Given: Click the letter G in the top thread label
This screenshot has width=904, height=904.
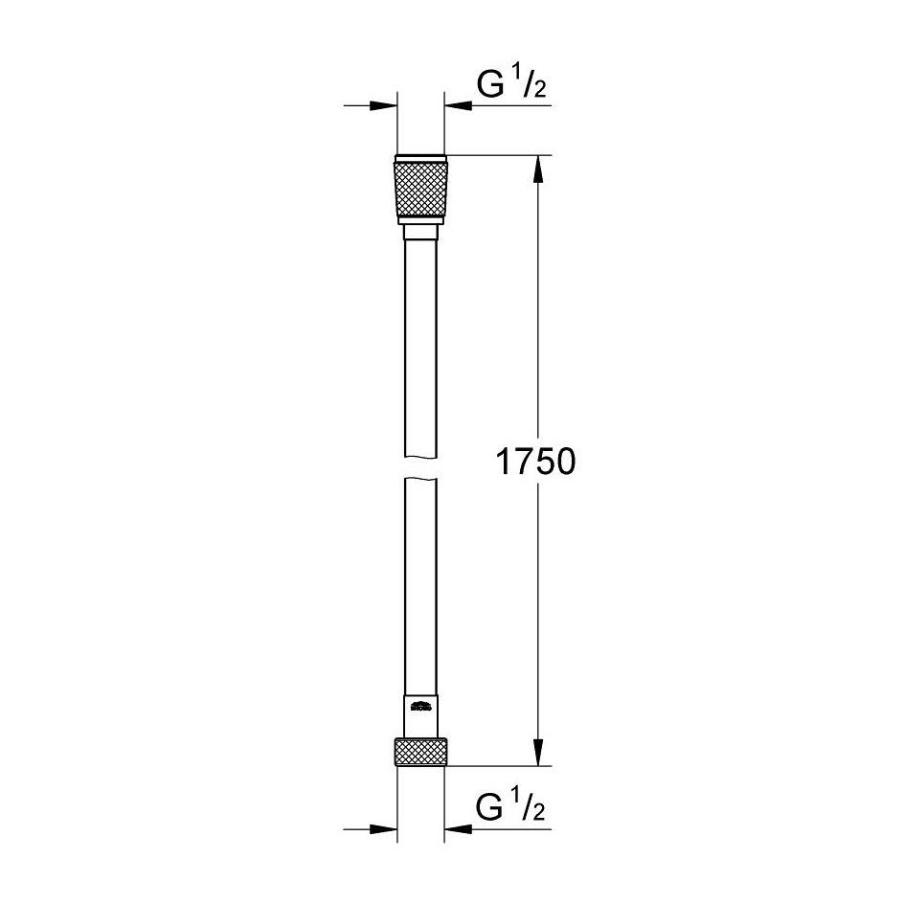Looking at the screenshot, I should pos(488,88).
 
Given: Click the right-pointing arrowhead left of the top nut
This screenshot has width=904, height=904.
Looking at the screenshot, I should pos(383,106).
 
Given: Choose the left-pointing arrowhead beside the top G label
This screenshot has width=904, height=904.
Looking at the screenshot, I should pos(457,106).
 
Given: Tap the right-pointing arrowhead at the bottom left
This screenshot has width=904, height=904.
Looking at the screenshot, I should pos(383,829).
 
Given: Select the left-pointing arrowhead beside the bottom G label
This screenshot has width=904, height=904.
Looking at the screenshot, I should pos(457,829).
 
